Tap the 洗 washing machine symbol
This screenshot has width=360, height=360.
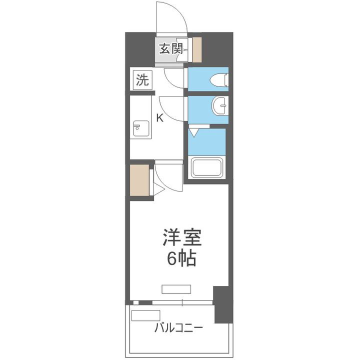click(142, 80)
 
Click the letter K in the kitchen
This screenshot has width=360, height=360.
click(159, 118)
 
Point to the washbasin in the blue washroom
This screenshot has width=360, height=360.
click(220, 106)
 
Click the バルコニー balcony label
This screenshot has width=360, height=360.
click(178, 328)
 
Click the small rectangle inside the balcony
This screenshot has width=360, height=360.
click(145, 316)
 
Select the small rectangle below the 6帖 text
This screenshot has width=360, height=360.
click(176, 288)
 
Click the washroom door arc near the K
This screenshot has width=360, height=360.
click(173, 107)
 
